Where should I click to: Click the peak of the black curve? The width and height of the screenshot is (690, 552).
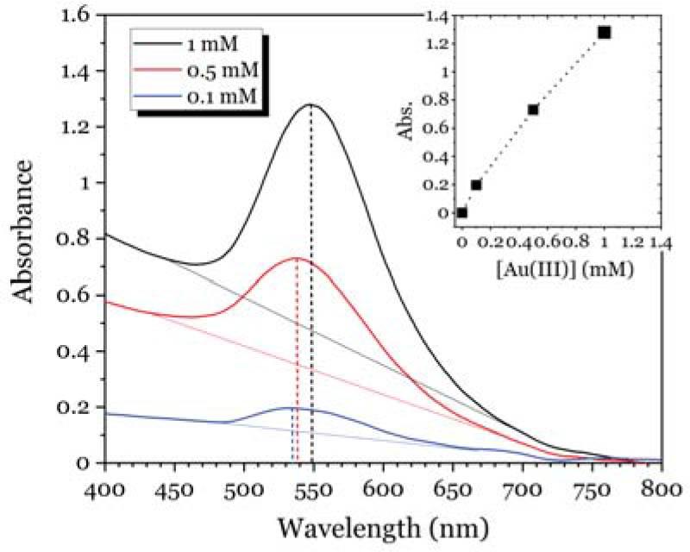click(x=310, y=104)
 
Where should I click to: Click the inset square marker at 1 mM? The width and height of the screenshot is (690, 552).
click(x=605, y=32)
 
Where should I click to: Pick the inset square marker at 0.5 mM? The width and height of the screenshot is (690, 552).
click(x=533, y=110)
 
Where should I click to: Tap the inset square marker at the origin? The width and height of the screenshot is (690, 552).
click(x=462, y=212)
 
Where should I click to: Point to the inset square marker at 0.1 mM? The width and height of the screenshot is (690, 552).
click(x=476, y=185)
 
